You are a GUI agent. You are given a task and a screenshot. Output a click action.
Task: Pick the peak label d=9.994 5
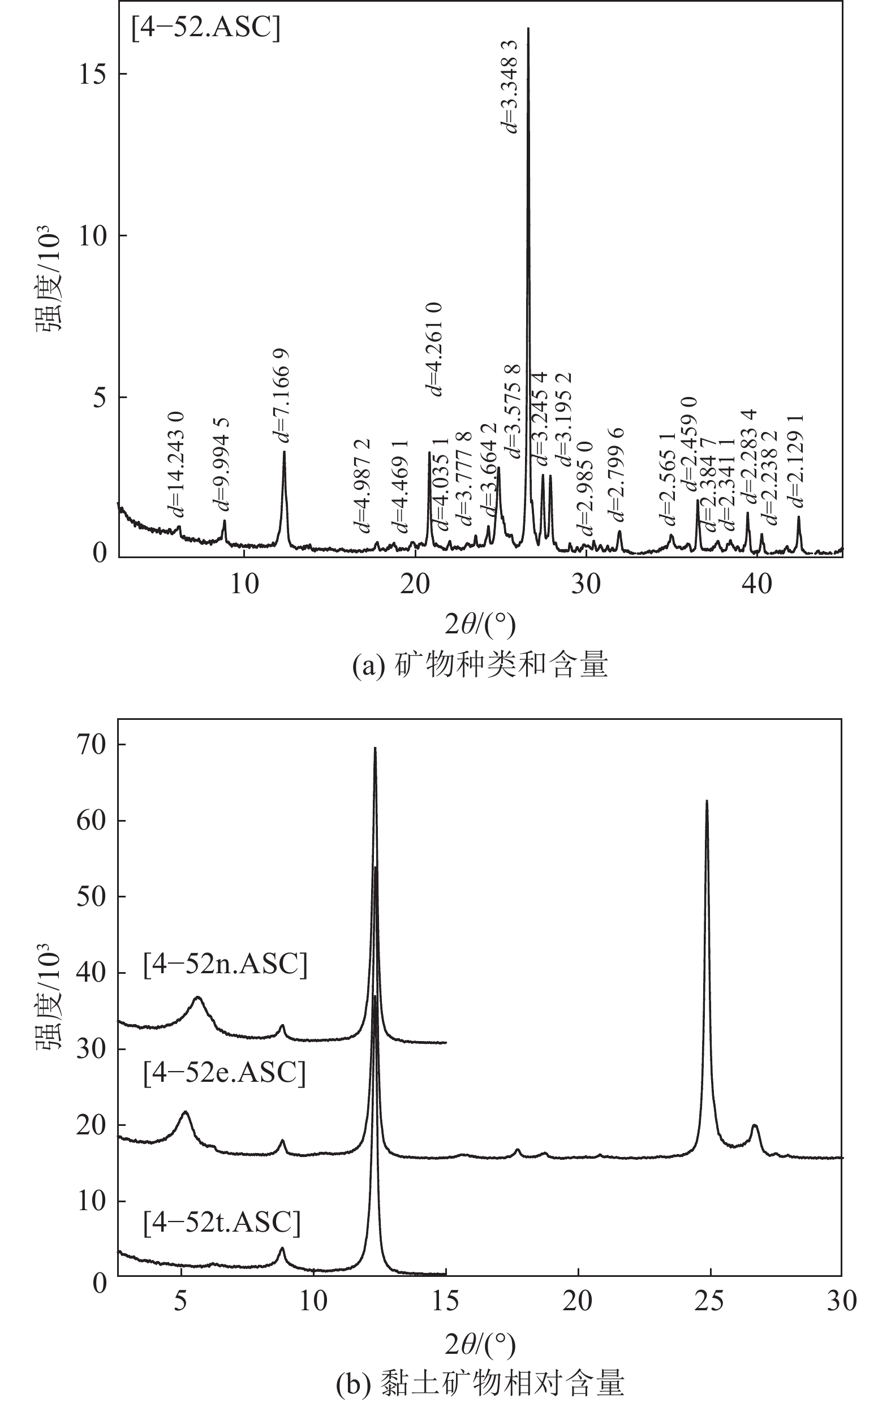(x=221, y=464)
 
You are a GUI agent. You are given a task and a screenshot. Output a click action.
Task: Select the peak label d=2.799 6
(x=616, y=473)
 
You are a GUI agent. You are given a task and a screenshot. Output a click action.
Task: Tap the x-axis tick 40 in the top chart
(x=756, y=584)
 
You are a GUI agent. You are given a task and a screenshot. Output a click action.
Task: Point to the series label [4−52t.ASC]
(x=222, y=1222)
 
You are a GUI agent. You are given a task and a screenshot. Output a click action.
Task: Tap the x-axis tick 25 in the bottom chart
(x=710, y=1301)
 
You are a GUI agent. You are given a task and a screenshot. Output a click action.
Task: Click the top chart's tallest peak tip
(x=528, y=28)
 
